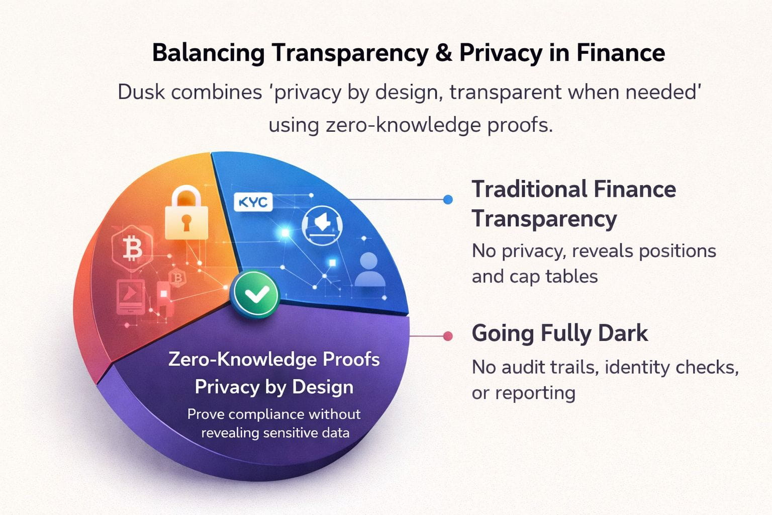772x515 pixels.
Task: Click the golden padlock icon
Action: (x=186, y=213)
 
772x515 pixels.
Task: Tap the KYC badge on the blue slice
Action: (x=253, y=202)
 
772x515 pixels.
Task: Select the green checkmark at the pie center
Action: (x=255, y=295)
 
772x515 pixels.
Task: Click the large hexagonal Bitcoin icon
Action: (x=132, y=248)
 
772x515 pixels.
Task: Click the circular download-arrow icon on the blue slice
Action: (x=322, y=226)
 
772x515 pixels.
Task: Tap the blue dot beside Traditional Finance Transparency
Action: (x=448, y=200)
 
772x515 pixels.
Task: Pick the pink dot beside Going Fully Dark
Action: (x=447, y=336)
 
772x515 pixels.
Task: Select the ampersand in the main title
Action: (x=443, y=53)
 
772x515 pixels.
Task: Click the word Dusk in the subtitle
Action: (x=140, y=93)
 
